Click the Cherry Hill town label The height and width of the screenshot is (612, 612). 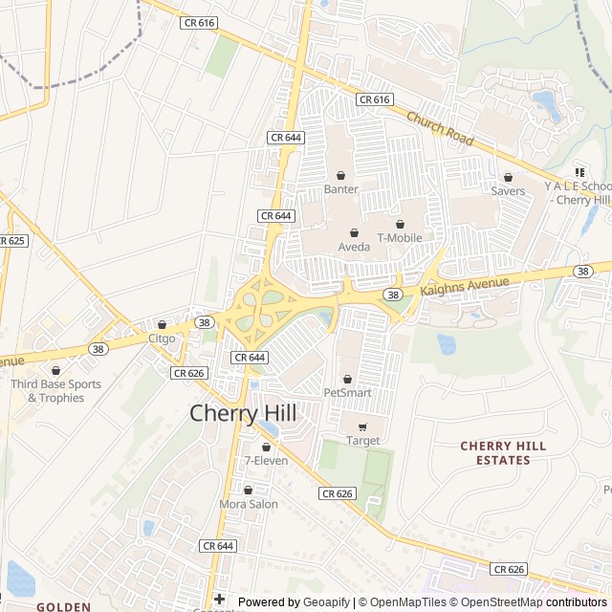click(x=243, y=413)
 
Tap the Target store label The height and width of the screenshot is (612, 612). click(x=362, y=441)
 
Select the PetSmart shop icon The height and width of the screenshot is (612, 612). click(x=347, y=380)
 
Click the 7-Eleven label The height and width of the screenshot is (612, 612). click(x=266, y=461)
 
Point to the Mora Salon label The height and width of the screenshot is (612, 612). click(x=249, y=504)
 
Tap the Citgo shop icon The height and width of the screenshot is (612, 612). click(x=162, y=325)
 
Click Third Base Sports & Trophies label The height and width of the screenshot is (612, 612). click(x=55, y=391)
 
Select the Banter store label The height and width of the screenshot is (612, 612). click(x=341, y=189)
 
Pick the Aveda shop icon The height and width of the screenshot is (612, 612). click(x=354, y=233)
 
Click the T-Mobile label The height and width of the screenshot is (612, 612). click(x=400, y=237)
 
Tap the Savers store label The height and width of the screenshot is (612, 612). click(x=508, y=191)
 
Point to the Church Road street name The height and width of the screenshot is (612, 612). click(x=440, y=129)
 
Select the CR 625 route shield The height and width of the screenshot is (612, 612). click(x=12, y=240)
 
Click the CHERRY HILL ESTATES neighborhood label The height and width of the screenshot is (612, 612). click(x=503, y=453)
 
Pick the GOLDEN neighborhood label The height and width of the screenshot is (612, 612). click(x=63, y=606)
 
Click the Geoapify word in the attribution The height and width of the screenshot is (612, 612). click(x=326, y=602)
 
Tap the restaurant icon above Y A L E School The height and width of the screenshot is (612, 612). click(x=579, y=172)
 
